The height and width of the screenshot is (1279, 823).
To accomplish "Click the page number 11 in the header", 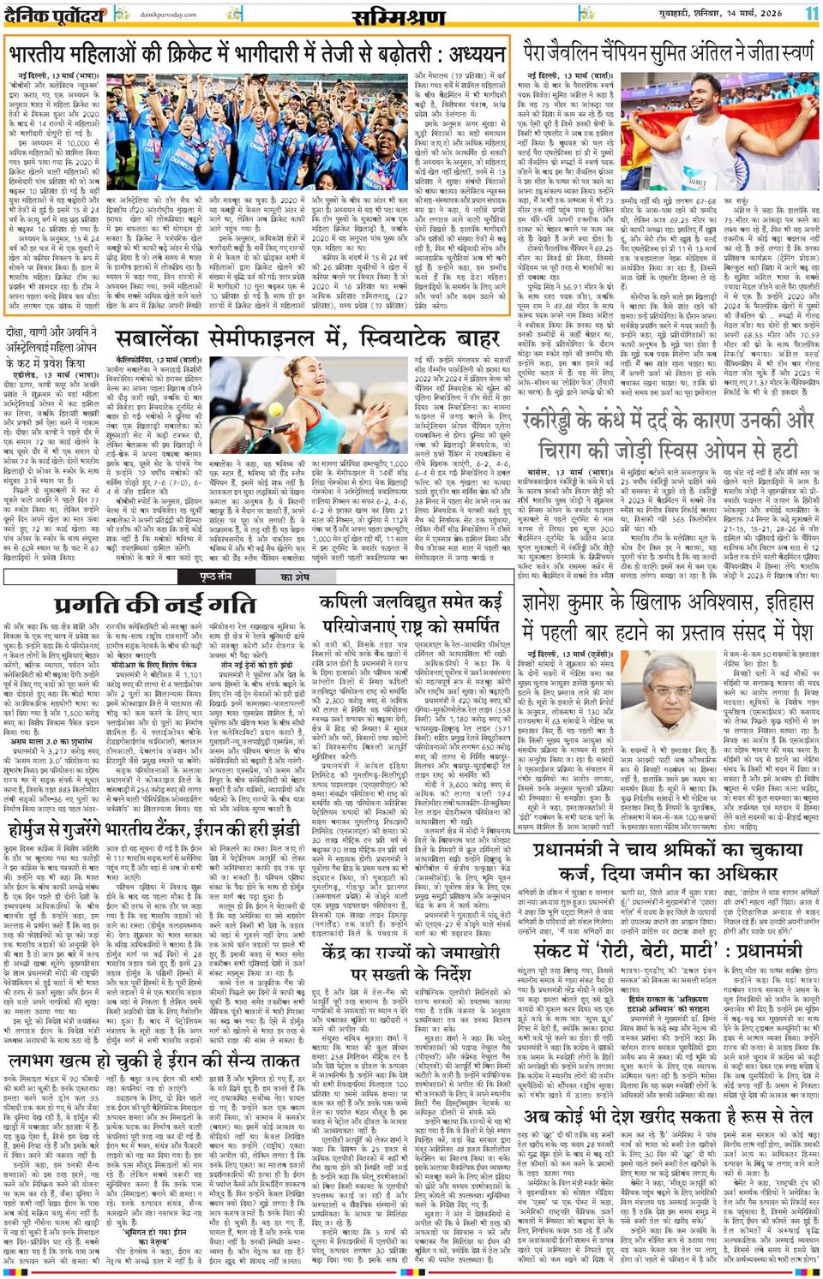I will pyautogui.click(x=810, y=14).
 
